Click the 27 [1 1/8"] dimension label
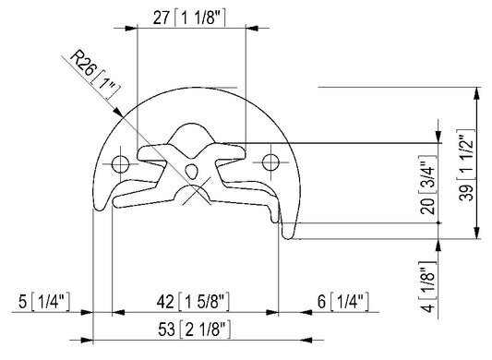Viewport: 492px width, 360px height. pyautogui.click(x=189, y=18)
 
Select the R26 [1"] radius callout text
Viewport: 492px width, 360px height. pyautogui.click(x=95, y=75)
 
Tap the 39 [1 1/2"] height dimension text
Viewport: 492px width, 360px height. pyautogui.click(x=465, y=165)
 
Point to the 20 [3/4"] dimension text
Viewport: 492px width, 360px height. pyautogui.click(x=427, y=185)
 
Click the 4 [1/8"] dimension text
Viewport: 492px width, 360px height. pyautogui.click(x=428, y=286)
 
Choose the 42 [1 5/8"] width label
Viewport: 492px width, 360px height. pyautogui.click(x=193, y=302)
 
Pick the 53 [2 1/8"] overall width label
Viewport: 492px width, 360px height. pyautogui.click(x=194, y=330)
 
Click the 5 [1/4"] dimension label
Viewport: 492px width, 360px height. pyautogui.click(x=44, y=302)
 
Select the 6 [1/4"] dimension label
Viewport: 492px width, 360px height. pyautogui.click(x=343, y=302)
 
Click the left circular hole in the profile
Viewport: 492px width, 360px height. pyautogui.click(x=121, y=163)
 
